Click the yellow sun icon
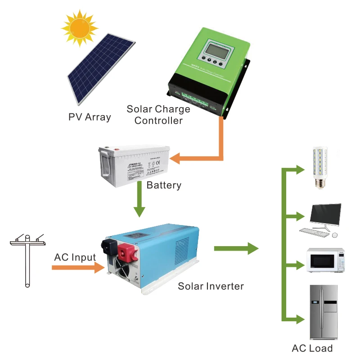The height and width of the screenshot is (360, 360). [x=80, y=27]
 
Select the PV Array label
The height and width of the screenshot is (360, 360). [x=90, y=117]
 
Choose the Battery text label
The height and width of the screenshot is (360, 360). [x=164, y=185]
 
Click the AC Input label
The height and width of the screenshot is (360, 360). [x=75, y=257]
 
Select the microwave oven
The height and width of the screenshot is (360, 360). [x=325, y=260]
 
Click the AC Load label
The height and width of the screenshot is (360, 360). [x=312, y=348]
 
